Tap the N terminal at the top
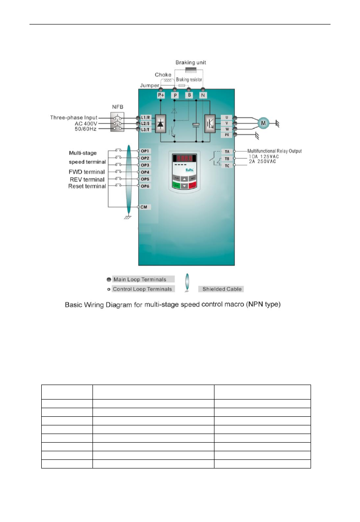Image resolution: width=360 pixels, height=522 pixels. (203, 96)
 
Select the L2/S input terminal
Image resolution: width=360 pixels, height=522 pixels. (145, 123)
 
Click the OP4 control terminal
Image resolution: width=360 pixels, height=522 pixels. (145, 172)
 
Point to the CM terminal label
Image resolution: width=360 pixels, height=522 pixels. (144, 207)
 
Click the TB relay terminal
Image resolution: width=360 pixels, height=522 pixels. (227, 159)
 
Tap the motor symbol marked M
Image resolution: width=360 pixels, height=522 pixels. (263, 122)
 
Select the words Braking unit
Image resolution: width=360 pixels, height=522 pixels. (191, 62)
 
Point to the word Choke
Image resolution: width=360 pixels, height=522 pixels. (163, 75)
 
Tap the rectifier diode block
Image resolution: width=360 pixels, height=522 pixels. (161, 123)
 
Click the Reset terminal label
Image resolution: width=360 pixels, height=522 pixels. (87, 186)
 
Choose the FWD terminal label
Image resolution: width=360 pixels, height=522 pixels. (87, 172)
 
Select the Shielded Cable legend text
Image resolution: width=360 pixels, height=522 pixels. (222, 289)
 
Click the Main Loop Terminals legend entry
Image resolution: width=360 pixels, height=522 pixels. (146, 279)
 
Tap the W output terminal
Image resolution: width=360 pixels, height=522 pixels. (227, 129)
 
